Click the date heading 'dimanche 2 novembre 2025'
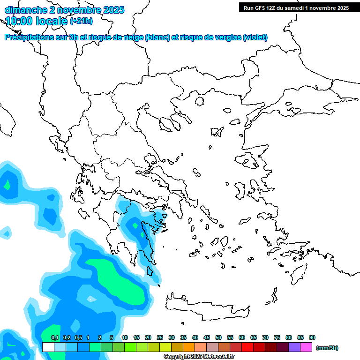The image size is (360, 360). (64, 9)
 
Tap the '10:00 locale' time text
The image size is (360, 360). (37, 21)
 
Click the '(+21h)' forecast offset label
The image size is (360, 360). (81, 21)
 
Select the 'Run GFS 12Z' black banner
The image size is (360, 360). (295, 7)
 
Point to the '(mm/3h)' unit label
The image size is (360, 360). (327, 348)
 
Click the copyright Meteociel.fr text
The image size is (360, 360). (199, 357)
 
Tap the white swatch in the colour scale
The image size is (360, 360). (48, 347)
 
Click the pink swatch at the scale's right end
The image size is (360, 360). (306, 347)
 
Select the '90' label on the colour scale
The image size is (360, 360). (312, 337)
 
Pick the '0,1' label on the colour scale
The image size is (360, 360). (54, 337)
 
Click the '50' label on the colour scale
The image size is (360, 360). (218, 337)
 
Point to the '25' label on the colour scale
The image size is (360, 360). (160, 337)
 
